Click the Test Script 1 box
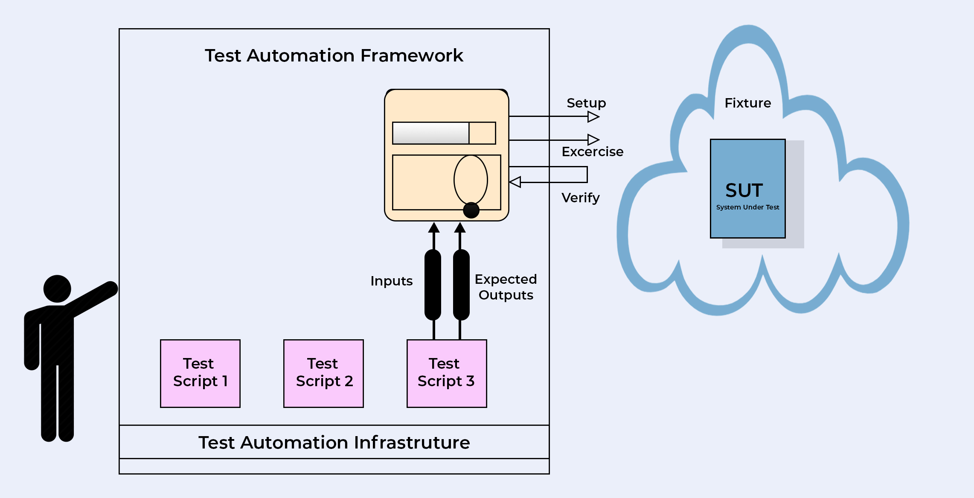(200, 373)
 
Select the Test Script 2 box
(323, 373)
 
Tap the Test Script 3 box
(447, 373)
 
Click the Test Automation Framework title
(334, 55)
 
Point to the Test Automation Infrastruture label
(334, 443)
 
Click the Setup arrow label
(586, 103)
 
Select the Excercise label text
(592, 151)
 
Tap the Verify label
(580, 198)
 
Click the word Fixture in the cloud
(747, 103)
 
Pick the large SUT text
(744, 190)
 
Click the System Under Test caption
(747, 207)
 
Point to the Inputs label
(391, 281)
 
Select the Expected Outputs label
(506, 287)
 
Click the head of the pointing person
(57, 289)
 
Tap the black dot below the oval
(471, 210)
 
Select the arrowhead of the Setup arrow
(593, 116)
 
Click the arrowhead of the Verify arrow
(515, 182)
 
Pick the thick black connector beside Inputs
(433, 285)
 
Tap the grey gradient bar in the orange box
(430, 133)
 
